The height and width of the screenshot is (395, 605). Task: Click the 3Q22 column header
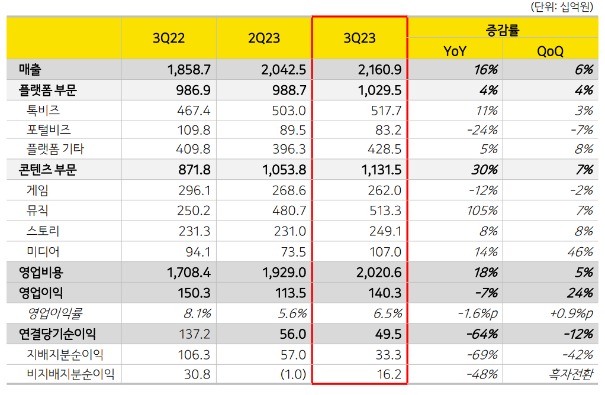[x=169, y=38]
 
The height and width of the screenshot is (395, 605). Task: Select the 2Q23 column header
[x=264, y=38]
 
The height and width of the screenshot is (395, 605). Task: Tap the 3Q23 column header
[x=359, y=38]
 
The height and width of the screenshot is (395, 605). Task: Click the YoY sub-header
[x=455, y=51]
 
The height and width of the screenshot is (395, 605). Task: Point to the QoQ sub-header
[x=550, y=51]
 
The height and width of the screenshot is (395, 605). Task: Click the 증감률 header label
[x=503, y=30]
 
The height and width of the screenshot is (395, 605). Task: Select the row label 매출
[x=30, y=70]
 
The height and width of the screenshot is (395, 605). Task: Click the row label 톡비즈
[x=43, y=111]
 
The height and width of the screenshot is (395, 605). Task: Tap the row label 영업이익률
[x=55, y=313]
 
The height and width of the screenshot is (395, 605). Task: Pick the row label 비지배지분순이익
[x=70, y=374]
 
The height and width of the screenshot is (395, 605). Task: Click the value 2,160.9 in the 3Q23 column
[x=379, y=70]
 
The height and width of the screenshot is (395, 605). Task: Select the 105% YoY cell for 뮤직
[x=482, y=211]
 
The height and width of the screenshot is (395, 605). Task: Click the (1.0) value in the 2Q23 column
[x=293, y=374]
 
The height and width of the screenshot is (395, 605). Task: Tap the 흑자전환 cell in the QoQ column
[x=571, y=374]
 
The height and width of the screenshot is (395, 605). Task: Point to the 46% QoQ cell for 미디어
[x=580, y=252]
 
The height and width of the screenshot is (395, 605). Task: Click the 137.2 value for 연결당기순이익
[x=194, y=334]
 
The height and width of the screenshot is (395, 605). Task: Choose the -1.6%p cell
[x=478, y=313]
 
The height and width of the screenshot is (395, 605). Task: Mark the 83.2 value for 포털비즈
[x=388, y=130]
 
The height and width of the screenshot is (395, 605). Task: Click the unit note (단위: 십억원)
[x=562, y=7]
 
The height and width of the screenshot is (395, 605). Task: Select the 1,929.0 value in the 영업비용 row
[x=284, y=273]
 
